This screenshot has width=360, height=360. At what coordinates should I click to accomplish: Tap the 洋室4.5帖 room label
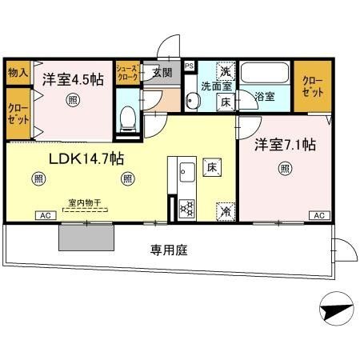(72, 81)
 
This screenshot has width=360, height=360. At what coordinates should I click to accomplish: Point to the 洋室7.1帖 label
(285, 146)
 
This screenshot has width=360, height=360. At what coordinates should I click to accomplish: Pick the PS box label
(189, 66)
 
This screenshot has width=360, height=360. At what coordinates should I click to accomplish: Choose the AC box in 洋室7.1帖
(318, 216)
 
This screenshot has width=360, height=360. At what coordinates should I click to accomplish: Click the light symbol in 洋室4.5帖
(74, 100)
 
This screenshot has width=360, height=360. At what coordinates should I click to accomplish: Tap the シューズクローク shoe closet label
(128, 74)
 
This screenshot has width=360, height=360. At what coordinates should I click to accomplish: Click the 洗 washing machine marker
(226, 69)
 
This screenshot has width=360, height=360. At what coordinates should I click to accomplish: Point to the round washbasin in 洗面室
(193, 101)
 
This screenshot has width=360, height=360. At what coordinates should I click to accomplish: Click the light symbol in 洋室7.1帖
(285, 168)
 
